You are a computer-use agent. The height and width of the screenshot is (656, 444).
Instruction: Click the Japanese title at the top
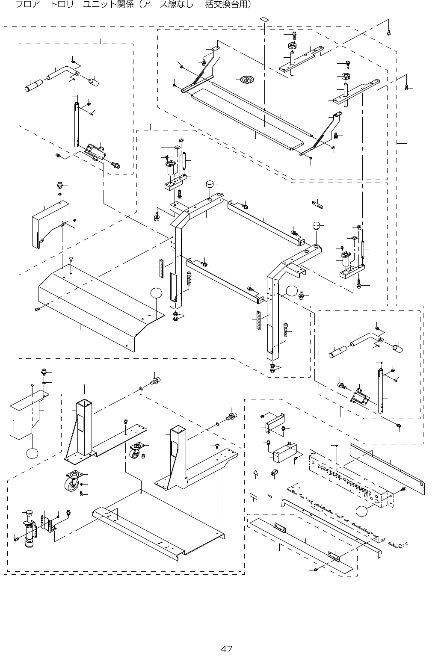coord(133,5)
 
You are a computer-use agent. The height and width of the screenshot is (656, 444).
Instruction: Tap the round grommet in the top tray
coord(247,80)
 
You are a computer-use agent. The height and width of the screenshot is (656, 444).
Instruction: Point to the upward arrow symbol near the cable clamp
coord(256,473)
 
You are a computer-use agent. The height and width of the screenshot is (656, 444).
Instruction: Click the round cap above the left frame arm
coord(210,185)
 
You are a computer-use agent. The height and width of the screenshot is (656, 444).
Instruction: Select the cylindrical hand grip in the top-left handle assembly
coord(35,85)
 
